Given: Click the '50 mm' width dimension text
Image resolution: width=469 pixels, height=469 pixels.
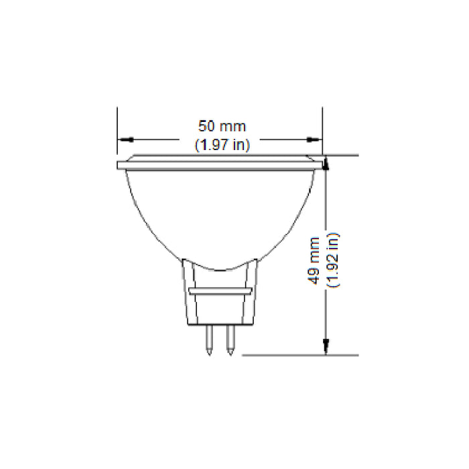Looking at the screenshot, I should point(222,126).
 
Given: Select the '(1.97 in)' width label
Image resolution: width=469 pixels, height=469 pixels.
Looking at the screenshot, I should point(222,145).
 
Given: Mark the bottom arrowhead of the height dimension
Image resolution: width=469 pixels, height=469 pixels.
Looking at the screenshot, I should point(326,346).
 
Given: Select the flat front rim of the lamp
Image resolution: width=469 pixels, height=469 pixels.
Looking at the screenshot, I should point(220,163).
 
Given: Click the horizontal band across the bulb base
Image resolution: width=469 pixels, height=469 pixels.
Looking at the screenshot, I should point(220,292).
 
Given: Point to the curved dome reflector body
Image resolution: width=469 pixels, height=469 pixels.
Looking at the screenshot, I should point(220,214).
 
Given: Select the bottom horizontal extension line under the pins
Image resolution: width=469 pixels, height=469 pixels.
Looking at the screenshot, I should point(301,355).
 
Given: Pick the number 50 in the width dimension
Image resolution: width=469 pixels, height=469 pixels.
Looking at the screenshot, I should point(206,126).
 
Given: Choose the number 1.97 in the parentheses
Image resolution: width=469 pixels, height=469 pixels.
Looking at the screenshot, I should point(216,145).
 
